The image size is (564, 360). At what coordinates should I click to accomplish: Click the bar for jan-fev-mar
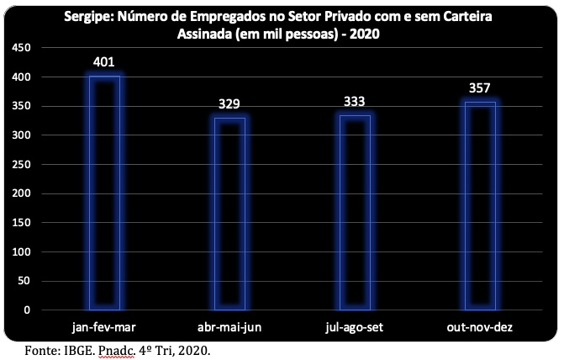[105, 193]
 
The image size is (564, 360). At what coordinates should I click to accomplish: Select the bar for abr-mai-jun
[229, 214]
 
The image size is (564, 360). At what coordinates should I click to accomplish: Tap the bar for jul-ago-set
[355, 213]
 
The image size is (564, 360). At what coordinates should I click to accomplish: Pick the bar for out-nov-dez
[480, 205]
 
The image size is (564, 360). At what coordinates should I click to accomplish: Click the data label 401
[104, 62]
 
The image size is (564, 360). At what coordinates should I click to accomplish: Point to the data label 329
[229, 104]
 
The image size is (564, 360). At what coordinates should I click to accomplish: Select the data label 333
[355, 102]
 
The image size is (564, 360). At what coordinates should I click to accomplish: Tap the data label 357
[479, 88]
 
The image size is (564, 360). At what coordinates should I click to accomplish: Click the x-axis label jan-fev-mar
[104, 327]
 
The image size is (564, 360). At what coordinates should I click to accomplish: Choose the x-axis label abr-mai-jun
[229, 327]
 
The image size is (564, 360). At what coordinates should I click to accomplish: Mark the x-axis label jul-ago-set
[355, 327]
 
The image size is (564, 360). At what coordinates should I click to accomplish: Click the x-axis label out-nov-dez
[479, 327]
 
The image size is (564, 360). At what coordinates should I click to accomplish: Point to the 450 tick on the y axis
[21, 47]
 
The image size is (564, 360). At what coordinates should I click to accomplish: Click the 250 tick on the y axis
[21, 165]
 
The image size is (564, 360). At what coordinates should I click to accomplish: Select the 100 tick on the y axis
[21, 252]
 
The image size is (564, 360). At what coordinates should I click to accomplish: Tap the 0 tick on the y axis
[27, 310]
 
